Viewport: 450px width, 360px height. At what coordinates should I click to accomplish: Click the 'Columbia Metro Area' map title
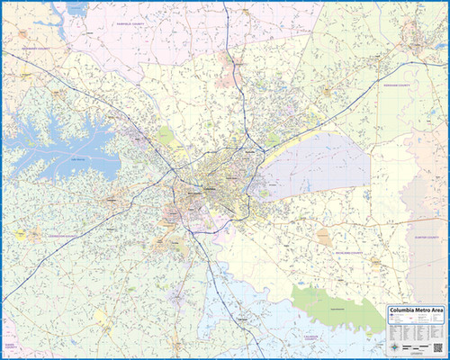pos(415,311)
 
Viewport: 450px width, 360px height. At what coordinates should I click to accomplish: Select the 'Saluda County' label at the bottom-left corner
pos(11,346)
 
